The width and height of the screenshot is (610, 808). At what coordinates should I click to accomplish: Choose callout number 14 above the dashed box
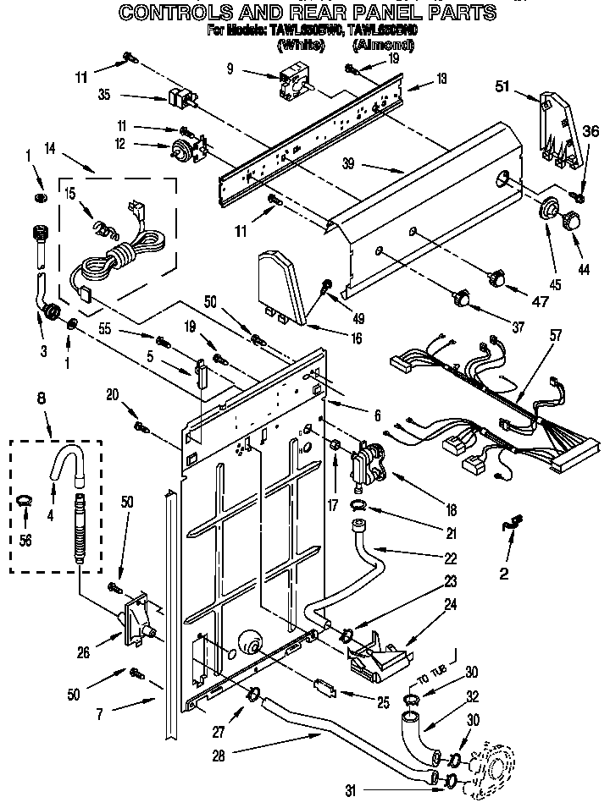pos(50,148)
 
